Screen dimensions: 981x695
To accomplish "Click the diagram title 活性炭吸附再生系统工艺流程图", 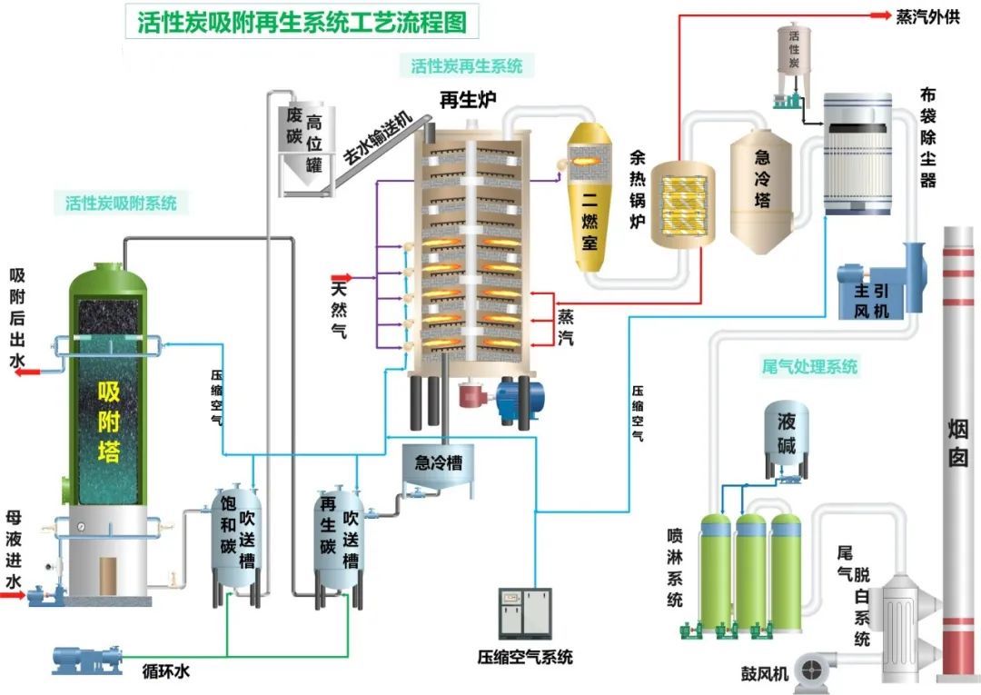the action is [302, 22].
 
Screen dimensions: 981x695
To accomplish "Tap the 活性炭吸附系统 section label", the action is [122, 203].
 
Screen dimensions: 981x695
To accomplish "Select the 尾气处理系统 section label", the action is [809, 366].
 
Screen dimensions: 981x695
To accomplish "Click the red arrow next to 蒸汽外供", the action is [880, 15].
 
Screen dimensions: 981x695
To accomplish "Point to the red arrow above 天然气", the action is [342, 277].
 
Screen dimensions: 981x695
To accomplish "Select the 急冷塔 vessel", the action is [761, 192].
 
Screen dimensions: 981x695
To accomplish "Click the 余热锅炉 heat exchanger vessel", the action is [682, 204].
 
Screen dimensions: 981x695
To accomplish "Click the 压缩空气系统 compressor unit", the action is [525, 612].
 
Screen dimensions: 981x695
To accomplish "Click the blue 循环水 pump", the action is [86, 660].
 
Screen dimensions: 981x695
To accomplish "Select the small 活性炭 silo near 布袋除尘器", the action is [793, 65].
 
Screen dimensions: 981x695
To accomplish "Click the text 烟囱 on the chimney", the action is [958, 443].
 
